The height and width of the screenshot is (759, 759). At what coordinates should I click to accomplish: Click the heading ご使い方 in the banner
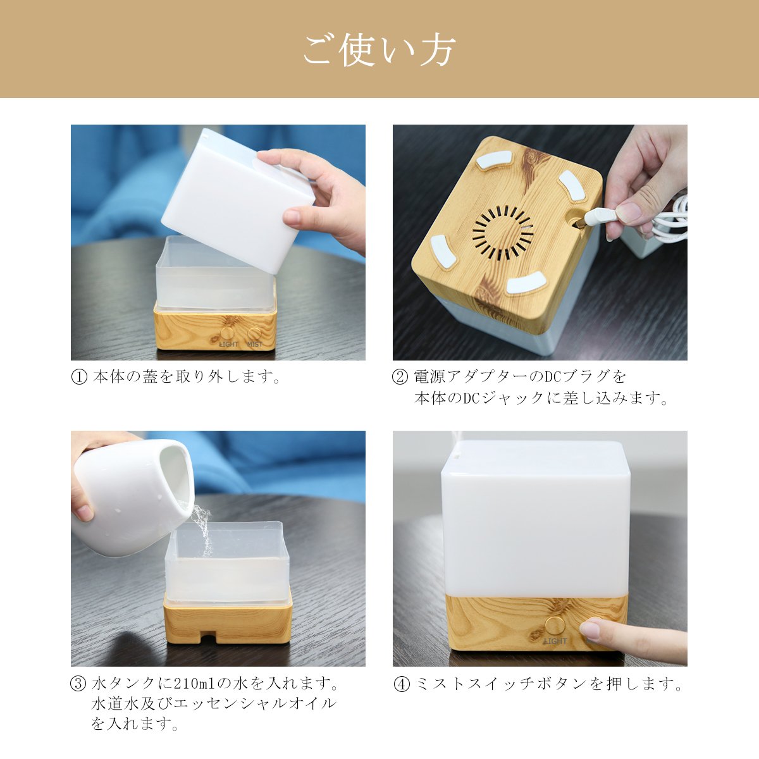point(379,51)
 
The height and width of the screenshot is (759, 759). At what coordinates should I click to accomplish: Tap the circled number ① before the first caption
point(79,377)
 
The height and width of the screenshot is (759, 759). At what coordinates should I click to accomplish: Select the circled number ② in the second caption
point(400,377)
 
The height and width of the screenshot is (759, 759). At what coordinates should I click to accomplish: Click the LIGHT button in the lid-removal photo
point(227,333)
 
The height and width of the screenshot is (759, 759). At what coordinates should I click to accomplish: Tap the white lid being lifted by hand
point(237,201)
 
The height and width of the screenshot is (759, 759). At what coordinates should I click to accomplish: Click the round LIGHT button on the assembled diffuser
point(554,626)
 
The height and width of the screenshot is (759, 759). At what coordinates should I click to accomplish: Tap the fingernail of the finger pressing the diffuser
point(590,630)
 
